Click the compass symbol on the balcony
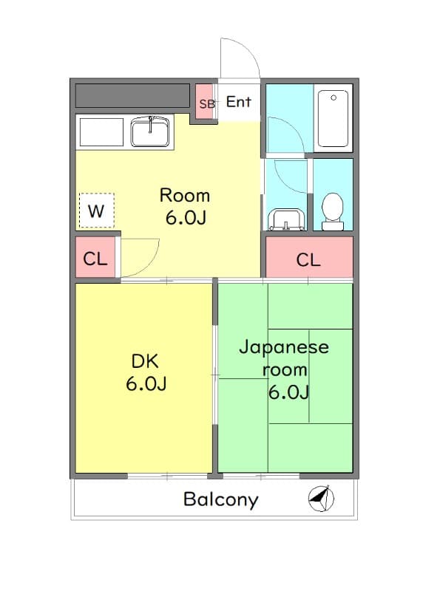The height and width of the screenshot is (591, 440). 320,499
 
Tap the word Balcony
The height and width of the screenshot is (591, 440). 220,499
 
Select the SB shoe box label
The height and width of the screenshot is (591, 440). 207,104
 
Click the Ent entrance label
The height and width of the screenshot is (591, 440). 238,102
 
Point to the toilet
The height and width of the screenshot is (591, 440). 333,211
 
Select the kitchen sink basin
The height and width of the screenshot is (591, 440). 152,133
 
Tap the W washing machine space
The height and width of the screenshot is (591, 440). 96,211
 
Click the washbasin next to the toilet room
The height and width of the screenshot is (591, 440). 285,219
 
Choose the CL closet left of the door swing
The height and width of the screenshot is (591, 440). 95,259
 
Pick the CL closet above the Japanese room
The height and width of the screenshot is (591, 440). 308,259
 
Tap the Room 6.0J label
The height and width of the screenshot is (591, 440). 185,206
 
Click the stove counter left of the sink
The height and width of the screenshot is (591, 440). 102,131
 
